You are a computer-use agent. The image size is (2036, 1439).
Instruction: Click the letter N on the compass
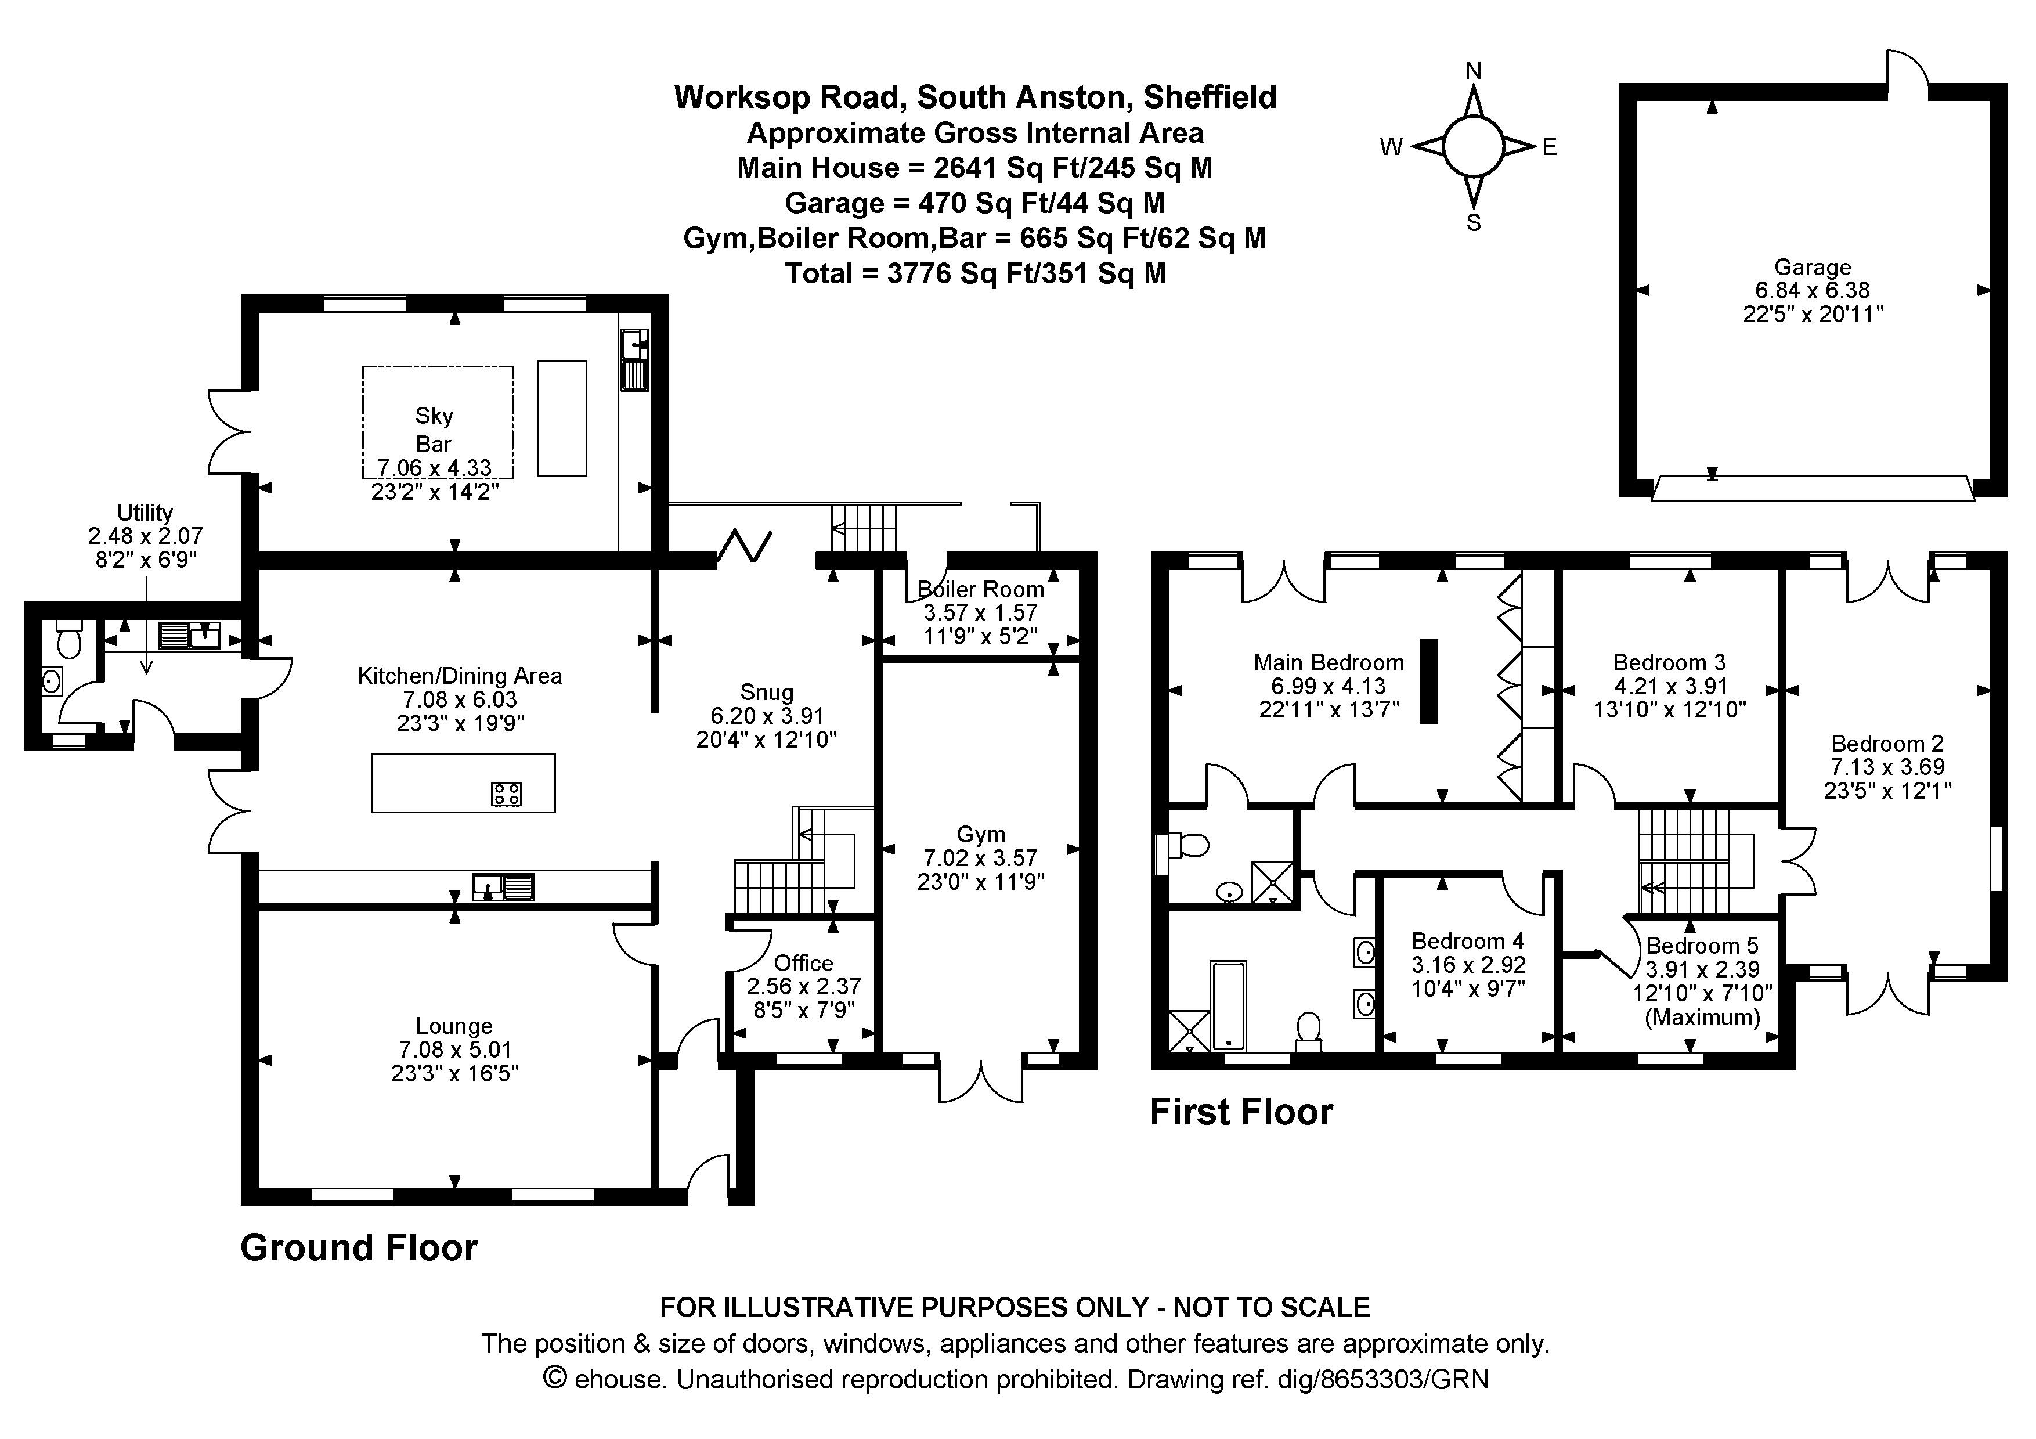[1473, 71]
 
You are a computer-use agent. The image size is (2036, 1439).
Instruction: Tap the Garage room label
[1811, 267]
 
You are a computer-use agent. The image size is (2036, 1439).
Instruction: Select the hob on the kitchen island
[506, 794]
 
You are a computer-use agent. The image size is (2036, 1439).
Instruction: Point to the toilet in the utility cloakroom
[68, 639]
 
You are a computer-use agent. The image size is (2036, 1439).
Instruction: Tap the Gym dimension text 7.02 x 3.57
[980, 857]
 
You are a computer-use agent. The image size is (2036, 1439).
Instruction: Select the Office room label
[803, 963]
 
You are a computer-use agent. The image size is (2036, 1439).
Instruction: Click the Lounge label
[454, 1026]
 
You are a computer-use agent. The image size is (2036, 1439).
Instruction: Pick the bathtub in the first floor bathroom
[1228, 1005]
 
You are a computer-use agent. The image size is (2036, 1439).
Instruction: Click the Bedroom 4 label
[1468, 941]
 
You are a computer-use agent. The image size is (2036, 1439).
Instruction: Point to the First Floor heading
[1240, 1112]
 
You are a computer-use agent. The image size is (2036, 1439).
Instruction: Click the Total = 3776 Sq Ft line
[974, 273]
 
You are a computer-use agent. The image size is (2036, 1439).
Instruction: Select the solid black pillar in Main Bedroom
[1428, 681]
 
